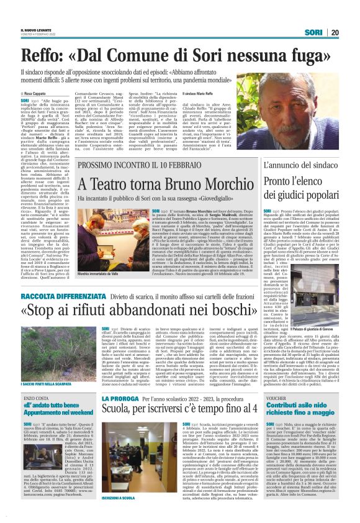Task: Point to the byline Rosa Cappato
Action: coord(38,93)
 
